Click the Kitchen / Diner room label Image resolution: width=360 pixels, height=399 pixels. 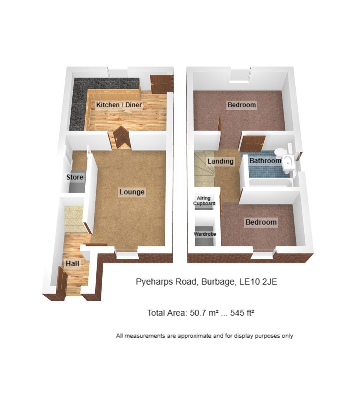pyautogui.click(x=119, y=105)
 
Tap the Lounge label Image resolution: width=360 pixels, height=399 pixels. pyautogui.click(x=132, y=192)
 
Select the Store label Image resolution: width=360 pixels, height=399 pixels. pyautogui.click(x=75, y=177)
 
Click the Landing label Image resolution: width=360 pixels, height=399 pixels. pyautogui.click(x=220, y=161)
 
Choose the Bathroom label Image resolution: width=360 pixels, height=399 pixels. pyautogui.click(x=265, y=161)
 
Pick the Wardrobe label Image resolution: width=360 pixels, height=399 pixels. pyautogui.click(x=205, y=234)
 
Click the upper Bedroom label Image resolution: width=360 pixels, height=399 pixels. pyautogui.click(x=241, y=105)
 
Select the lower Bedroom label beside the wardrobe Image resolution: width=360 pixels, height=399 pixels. pyautogui.click(x=261, y=222)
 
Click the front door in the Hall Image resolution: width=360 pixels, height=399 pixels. pyautogui.click(x=61, y=282)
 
